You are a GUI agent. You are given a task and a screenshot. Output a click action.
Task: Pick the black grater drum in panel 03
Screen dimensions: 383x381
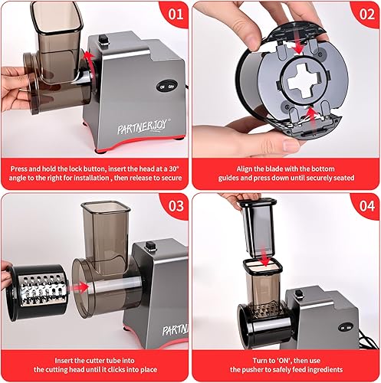[x=34, y=296]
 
